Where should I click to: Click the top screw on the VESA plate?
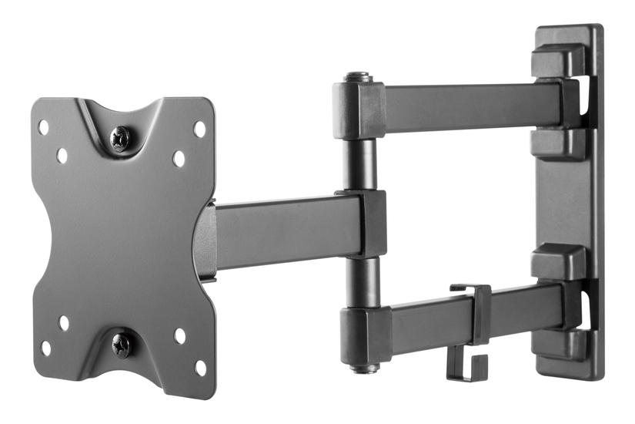[x=121, y=139]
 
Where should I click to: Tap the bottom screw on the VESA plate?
[x=122, y=344]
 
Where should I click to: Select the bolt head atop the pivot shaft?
[x=357, y=77]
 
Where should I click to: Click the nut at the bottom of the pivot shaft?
[x=362, y=368]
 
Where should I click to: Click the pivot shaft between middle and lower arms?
[x=360, y=281]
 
